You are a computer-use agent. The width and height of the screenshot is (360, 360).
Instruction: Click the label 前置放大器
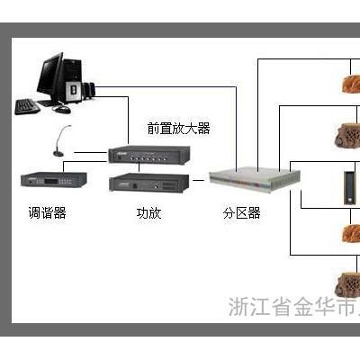[178, 129]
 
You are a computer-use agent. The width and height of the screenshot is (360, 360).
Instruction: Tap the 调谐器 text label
[47, 213]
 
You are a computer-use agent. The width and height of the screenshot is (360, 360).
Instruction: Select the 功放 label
[148, 213]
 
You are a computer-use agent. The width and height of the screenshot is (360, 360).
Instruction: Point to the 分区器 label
[241, 213]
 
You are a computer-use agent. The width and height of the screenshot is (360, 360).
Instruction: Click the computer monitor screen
[50, 75]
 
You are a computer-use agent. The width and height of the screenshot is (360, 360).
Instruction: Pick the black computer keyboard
[27, 107]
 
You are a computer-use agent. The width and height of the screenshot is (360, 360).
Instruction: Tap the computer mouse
[62, 109]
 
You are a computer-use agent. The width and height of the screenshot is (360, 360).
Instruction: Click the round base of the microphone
[58, 154]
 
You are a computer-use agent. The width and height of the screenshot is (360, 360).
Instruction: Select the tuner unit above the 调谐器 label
[54, 180]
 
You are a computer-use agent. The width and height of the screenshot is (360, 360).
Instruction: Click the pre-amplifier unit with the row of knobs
[149, 154]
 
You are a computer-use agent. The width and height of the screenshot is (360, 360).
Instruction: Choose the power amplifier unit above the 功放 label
[149, 183]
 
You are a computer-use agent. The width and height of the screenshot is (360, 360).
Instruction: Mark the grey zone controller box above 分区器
[255, 178]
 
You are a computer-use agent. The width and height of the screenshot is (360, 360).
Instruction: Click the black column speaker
[349, 188]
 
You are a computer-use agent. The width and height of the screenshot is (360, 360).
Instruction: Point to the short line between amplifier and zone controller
[198, 180]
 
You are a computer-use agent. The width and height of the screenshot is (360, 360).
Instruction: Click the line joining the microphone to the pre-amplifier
[90, 152]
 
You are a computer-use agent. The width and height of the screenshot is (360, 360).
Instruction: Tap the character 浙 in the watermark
[238, 306]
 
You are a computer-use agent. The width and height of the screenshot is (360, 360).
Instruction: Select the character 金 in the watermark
[303, 306]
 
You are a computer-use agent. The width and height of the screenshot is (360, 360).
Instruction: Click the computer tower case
[73, 80]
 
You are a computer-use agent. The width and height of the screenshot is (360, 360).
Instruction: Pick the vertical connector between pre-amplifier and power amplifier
[139, 167]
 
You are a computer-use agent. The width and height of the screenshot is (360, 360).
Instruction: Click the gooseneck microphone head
[69, 127]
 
